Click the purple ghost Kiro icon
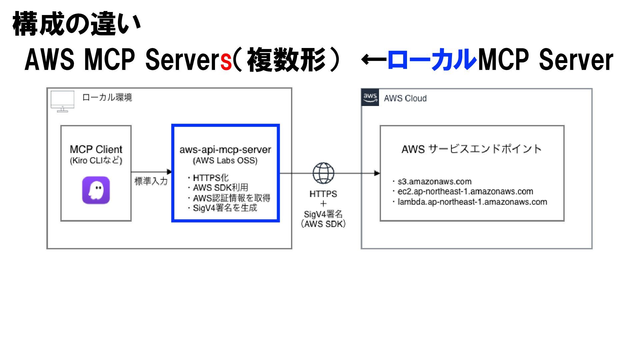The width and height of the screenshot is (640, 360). [96, 190]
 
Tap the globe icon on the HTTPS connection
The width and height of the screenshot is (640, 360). [323, 173]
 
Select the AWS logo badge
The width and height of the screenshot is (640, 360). [370, 98]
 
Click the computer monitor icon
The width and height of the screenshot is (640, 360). [62, 101]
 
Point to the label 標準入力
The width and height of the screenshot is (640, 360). [151, 181]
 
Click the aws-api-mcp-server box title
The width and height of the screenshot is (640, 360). [225, 150]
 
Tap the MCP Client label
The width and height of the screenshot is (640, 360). [96, 149]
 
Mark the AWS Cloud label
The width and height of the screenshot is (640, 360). [405, 98]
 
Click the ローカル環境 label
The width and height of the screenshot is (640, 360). [107, 97]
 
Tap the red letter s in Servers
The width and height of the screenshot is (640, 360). [226, 61]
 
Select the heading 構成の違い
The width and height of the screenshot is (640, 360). [77, 24]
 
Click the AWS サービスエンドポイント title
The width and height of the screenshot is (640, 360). [471, 149]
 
